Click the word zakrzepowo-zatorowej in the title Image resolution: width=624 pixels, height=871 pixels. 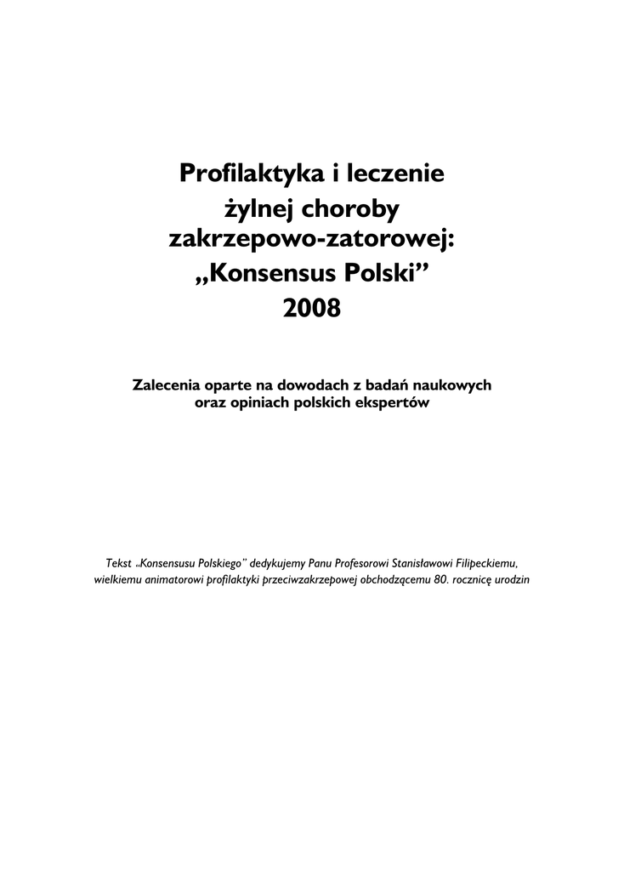pos(312,241)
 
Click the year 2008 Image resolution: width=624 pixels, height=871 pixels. pos(311,307)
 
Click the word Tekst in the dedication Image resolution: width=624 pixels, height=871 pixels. pos(118,563)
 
